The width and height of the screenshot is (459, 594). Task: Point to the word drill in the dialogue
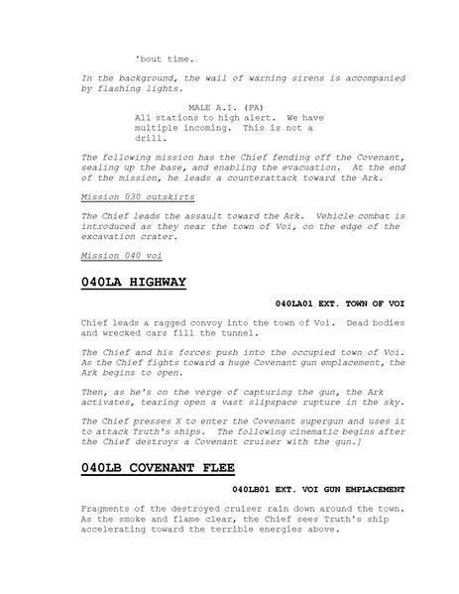(x=151, y=138)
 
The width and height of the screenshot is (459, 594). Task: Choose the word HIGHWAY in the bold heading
(x=150, y=284)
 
